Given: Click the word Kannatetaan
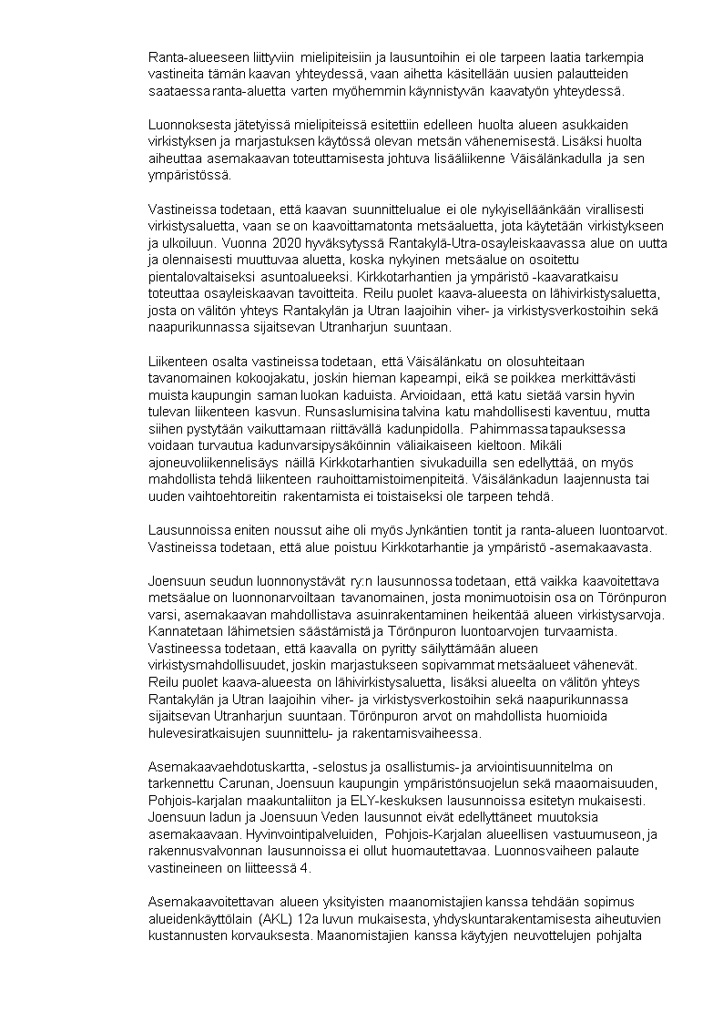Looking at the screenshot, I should tap(184, 630).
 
